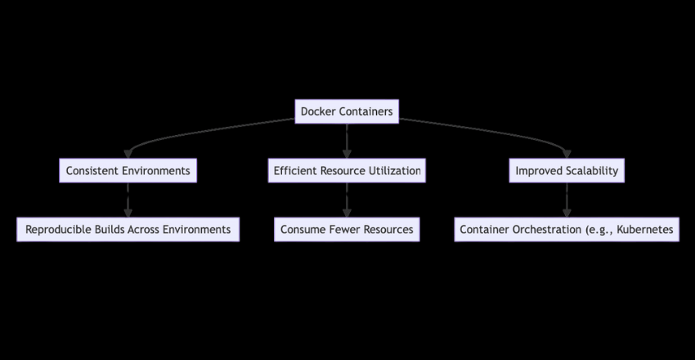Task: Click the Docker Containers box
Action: (347, 111)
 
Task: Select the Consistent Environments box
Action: (128, 171)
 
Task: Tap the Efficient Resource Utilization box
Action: (347, 171)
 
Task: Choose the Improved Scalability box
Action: (567, 171)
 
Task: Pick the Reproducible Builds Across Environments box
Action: (128, 230)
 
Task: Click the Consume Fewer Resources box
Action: (347, 230)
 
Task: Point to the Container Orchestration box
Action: (567, 230)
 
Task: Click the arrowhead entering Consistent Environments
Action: (128, 155)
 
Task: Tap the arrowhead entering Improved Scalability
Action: (567, 155)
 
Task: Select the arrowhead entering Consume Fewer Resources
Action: (347, 214)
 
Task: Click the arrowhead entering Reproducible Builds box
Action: (128, 214)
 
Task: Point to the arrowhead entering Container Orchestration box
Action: (567, 214)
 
